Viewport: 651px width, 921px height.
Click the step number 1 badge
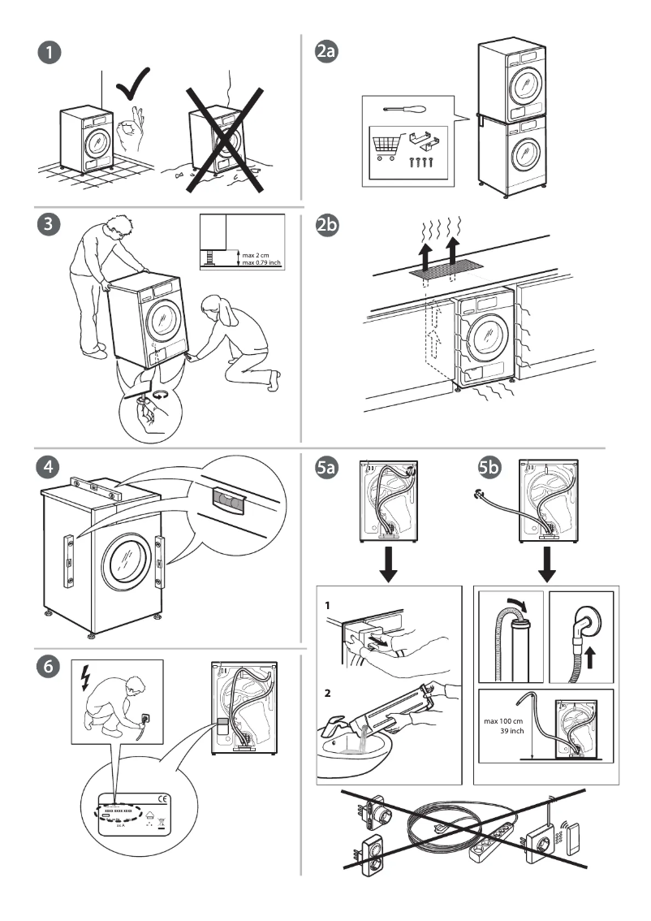point(50,53)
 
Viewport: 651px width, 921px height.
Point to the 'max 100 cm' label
point(504,720)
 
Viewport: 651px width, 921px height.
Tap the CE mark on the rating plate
point(162,798)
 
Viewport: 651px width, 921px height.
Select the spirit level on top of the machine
point(96,489)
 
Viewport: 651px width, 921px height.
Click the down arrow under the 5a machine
point(388,565)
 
